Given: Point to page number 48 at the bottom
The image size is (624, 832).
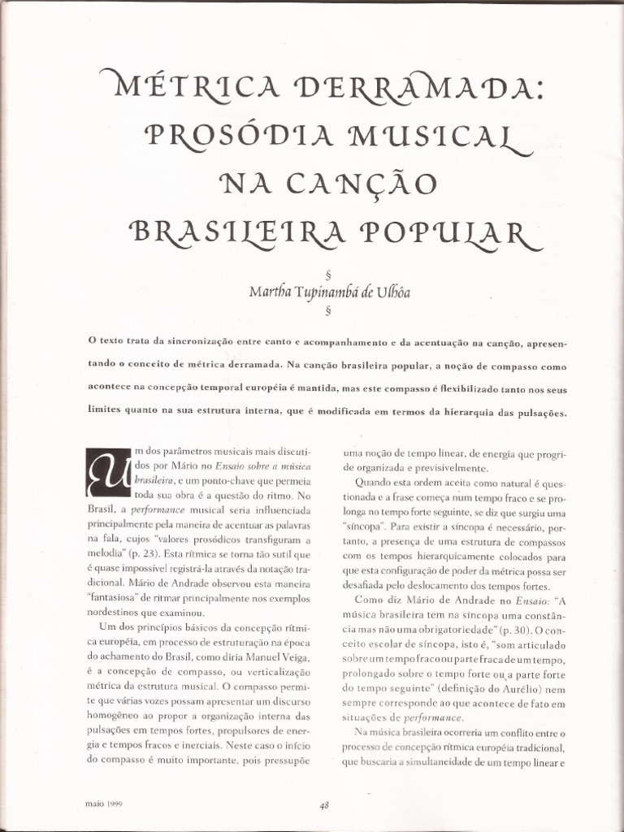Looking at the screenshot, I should [324, 804].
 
